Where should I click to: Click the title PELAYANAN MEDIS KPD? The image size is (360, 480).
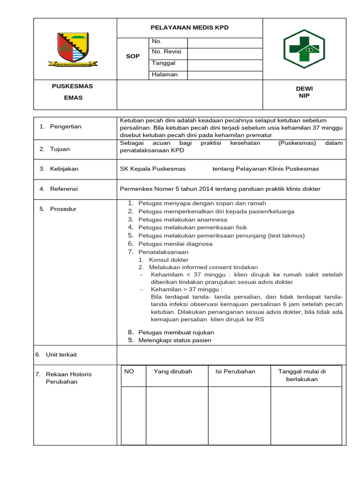tap(189, 28)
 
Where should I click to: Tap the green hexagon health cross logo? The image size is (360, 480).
tap(304, 49)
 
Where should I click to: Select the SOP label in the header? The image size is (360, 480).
tap(133, 56)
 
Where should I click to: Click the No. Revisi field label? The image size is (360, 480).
tap(166, 52)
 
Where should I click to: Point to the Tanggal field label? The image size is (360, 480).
tap(163, 63)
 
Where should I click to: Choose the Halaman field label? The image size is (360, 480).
tap(165, 75)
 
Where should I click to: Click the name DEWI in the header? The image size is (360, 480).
tap(304, 89)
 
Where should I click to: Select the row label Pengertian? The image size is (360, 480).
tap(66, 127)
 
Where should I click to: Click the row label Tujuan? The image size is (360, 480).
tap(60, 149)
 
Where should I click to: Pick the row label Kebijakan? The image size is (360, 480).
tap(64, 169)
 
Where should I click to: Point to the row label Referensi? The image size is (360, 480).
tap(64, 189)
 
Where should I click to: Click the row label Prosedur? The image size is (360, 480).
tap(63, 209)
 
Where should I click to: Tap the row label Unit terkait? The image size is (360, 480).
tap(61, 354)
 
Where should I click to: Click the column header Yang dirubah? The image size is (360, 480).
tap(172, 371)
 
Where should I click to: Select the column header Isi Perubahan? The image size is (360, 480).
tap(235, 371)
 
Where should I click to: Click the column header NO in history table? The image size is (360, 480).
tap(129, 371)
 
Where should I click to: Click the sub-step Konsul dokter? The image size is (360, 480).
tap(169, 260)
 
